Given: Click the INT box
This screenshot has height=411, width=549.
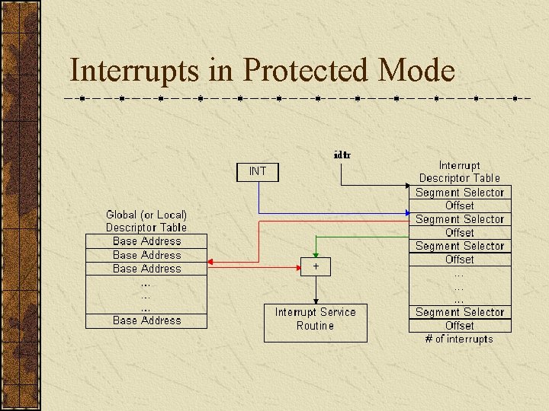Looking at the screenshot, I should tap(258, 171).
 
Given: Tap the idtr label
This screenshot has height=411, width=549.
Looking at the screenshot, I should tap(342, 155).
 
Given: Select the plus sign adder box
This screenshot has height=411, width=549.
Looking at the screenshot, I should tap(316, 266).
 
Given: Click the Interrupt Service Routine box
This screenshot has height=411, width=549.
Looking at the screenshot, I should tap(315, 319).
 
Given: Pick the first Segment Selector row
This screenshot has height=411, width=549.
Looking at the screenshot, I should tap(460, 193).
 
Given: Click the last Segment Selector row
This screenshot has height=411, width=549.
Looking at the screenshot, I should tap(460, 312).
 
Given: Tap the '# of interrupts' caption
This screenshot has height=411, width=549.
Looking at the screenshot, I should tap(459, 339).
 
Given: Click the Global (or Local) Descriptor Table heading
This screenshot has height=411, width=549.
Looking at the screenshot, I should tap(146, 221).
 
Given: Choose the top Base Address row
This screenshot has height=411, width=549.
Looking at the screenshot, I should tap(146, 241).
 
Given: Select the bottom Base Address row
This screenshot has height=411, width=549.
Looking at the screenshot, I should tap(146, 320).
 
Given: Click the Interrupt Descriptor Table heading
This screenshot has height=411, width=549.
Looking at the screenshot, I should tap(460, 171).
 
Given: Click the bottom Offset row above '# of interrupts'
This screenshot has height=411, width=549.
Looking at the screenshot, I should tap(460, 326).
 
